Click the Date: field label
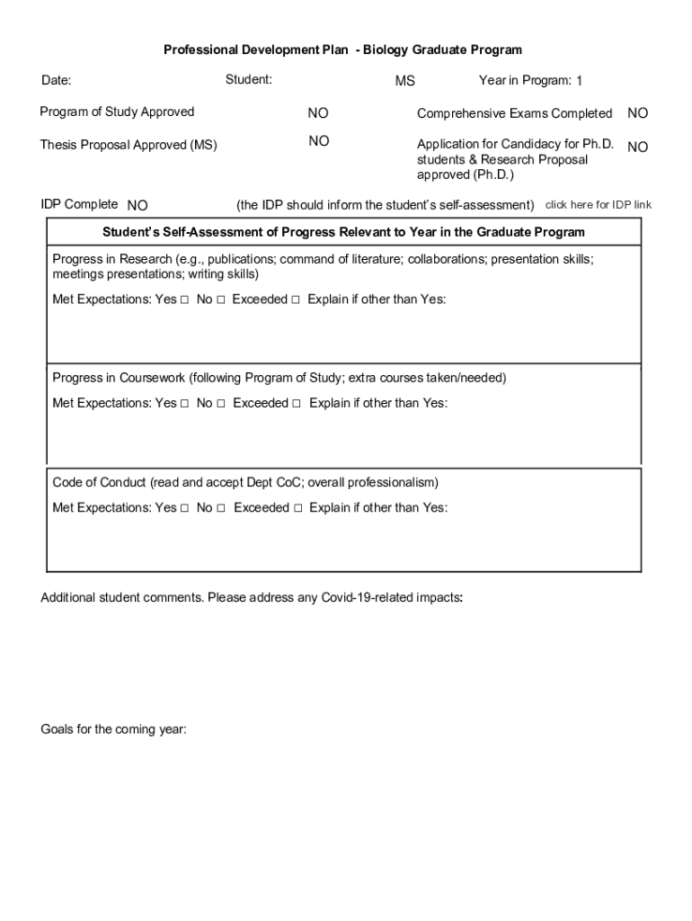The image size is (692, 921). click(x=57, y=81)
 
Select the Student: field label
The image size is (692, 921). click(x=248, y=80)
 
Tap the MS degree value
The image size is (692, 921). click(x=405, y=82)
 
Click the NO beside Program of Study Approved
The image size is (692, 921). click(x=318, y=113)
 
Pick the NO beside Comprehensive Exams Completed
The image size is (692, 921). click(x=637, y=113)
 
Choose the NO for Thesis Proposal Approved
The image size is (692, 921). click(x=319, y=141)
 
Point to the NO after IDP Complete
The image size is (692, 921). click(x=138, y=206)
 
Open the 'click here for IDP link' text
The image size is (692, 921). click(x=599, y=205)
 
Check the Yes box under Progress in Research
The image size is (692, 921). click(x=184, y=300)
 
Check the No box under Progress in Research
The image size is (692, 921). click(x=220, y=300)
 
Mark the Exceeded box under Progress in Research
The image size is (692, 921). click(x=295, y=300)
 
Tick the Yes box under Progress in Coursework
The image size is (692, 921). click(x=184, y=404)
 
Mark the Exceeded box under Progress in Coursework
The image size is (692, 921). click(x=296, y=404)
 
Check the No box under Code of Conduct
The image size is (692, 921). click(x=221, y=508)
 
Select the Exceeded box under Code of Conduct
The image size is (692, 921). click(x=297, y=508)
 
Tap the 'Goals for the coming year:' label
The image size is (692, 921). click(x=113, y=729)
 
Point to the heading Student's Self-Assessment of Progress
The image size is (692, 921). click(x=343, y=232)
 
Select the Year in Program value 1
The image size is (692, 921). click(x=580, y=82)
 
